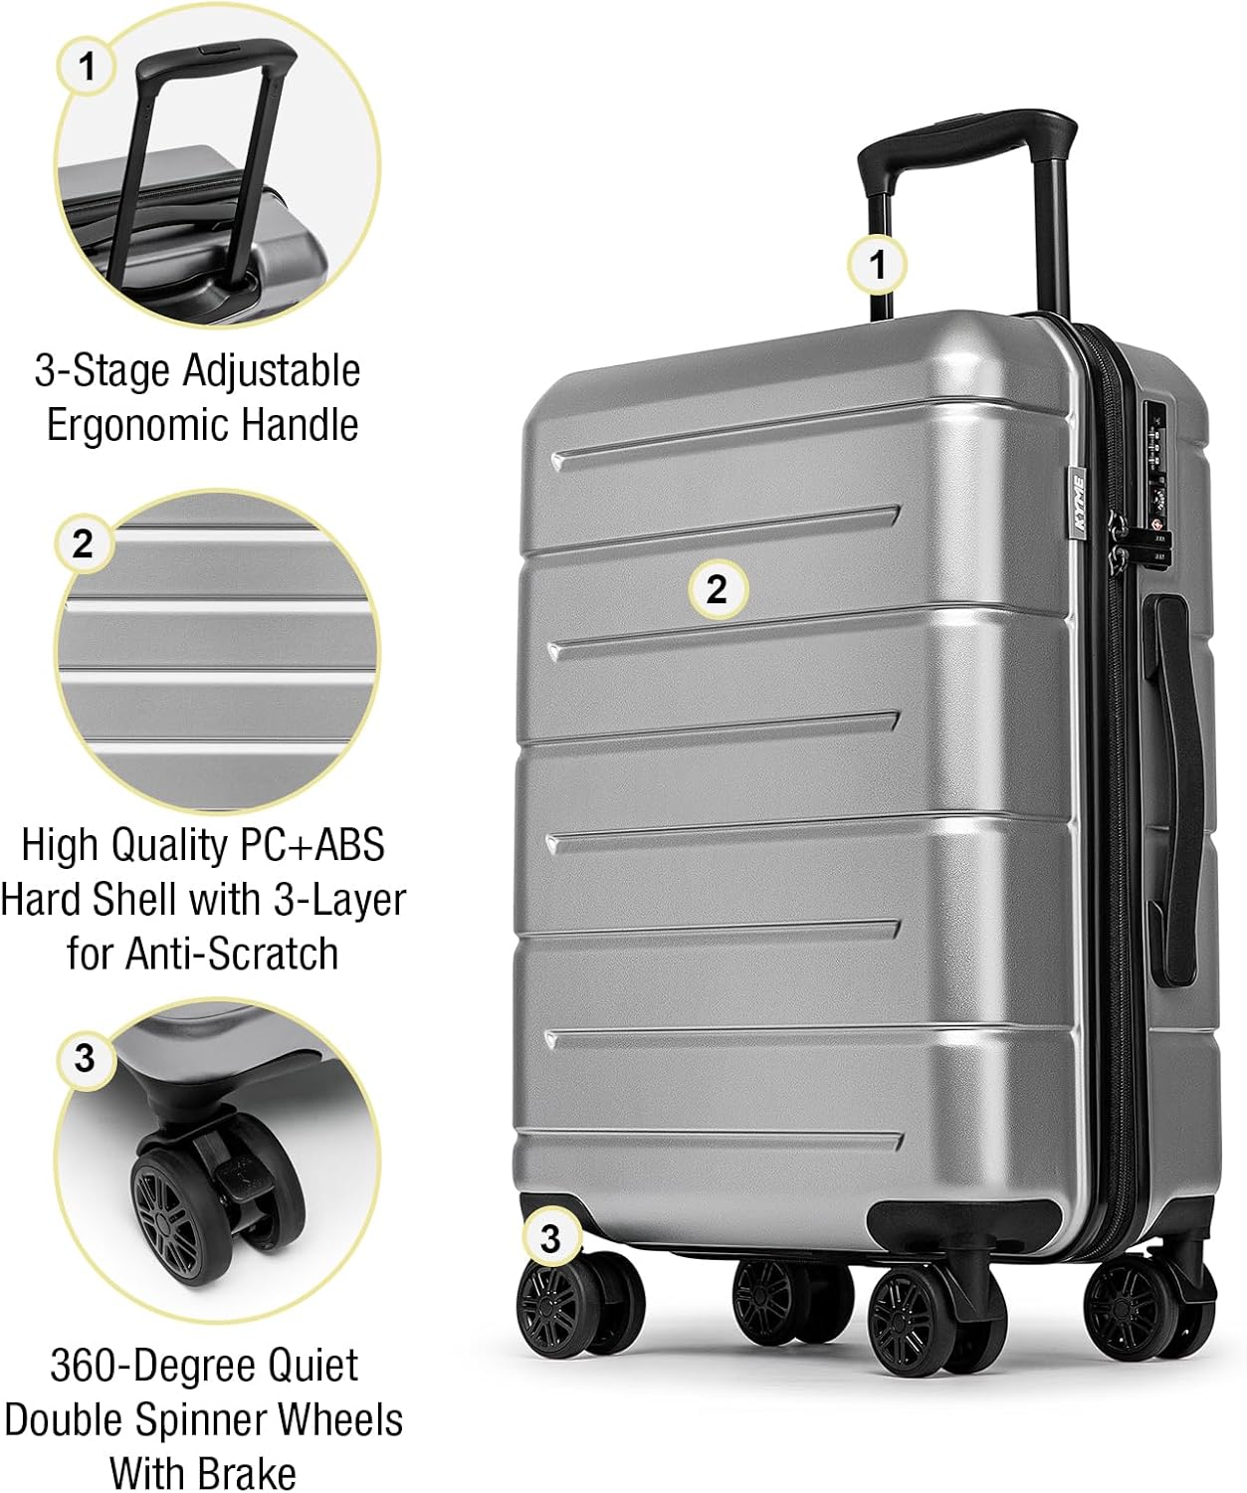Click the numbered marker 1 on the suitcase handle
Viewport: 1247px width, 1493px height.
coord(877,265)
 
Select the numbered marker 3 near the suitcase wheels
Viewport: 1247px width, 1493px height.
coord(550,1238)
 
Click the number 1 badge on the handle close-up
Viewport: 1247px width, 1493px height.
coord(88,67)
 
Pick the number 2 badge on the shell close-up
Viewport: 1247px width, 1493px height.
coord(84,543)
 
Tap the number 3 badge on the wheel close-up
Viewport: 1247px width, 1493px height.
coord(85,1057)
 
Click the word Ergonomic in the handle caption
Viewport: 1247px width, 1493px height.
coord(135,425)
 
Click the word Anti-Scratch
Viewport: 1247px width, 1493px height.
coord(232,953)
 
